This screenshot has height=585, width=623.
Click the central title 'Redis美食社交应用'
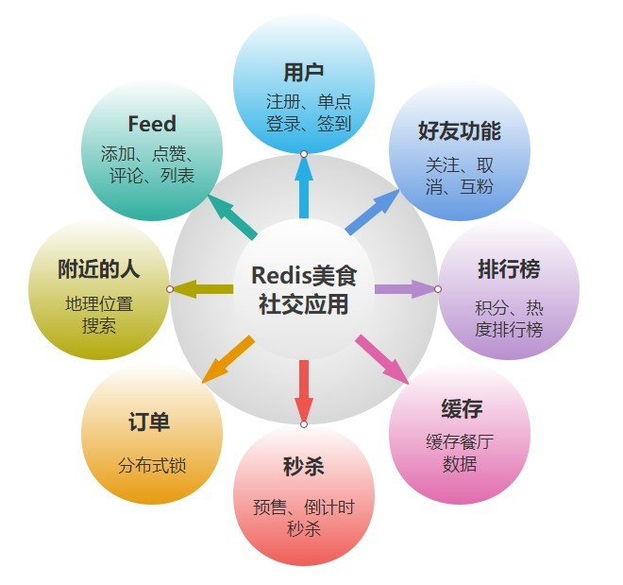[304, 288]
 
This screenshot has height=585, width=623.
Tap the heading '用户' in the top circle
[304, 73]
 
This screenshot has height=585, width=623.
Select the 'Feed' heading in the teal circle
[152, 124]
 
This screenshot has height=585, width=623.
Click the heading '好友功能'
[460, 130]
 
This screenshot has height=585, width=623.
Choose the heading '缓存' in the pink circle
[461, 409]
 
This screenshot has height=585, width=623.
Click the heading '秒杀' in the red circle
[304, 467]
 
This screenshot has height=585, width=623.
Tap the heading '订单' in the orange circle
[150, 422]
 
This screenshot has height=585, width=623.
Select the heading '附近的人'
[98, 268]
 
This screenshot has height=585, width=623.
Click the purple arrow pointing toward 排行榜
[404, 288]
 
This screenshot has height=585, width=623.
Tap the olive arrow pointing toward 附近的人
[203, 288]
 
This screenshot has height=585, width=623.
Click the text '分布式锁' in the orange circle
[152, 465]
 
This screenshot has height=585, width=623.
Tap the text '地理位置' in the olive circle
[99, 304]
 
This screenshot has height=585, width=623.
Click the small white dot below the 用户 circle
[304, 153]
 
